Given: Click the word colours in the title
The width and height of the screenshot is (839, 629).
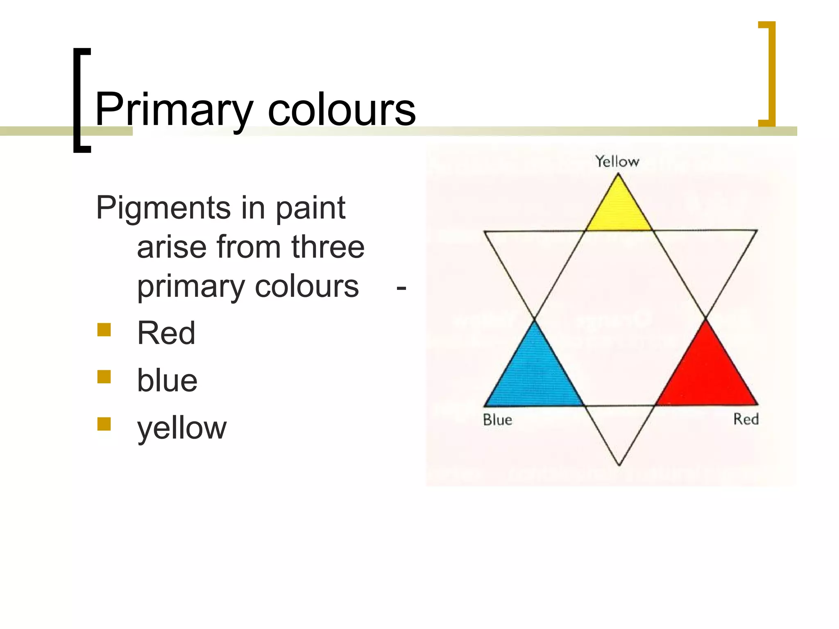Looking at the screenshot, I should pos(342,110).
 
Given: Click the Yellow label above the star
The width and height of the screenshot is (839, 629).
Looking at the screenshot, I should pos(617,161).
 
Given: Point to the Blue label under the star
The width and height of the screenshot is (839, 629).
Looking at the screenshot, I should pos(497,420).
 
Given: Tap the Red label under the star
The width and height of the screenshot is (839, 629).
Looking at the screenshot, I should pos(746,419).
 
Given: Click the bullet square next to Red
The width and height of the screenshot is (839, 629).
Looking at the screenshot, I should pos(104,330).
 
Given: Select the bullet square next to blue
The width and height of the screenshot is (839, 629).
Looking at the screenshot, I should pos(104,377).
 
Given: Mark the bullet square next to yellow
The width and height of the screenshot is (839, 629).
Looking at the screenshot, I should pos(104,424).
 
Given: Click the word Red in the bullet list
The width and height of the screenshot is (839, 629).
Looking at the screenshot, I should pos(166,333).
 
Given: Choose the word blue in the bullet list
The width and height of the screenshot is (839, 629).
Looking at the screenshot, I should pos(167,380).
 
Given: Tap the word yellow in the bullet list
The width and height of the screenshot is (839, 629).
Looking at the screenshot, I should pos(181,428).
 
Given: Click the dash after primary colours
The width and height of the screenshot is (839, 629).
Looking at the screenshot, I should pos(401,287).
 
